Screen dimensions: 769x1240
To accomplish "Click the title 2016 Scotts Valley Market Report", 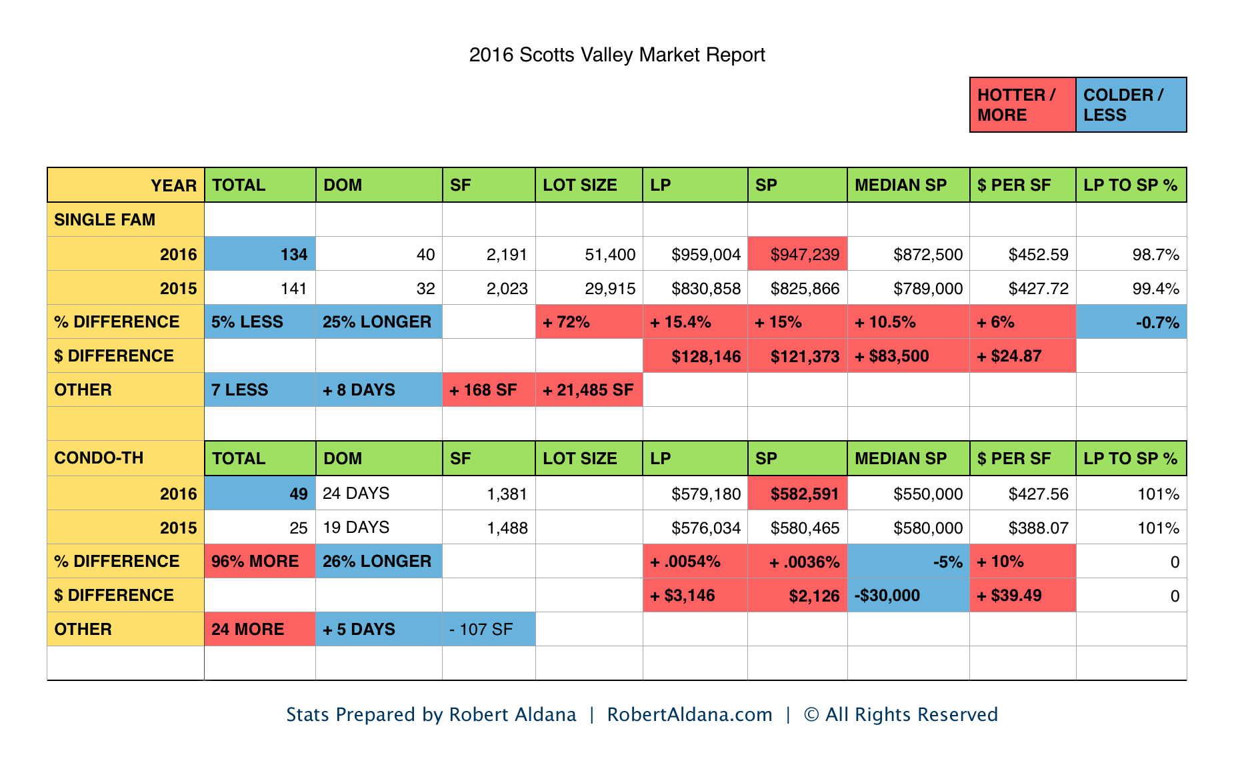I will (x=617, y=55).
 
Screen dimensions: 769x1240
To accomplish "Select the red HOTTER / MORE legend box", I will (x=1022, y=105).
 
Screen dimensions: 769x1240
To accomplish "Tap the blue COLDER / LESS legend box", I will (x=1131, y=105).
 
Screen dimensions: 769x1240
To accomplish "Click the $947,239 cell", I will (x=797, y=254).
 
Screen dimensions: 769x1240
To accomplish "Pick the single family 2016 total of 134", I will (x=260, y=254).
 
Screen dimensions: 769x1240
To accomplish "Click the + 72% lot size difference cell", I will (x=589, y=322).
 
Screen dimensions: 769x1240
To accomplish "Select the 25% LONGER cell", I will (x=378, y=322).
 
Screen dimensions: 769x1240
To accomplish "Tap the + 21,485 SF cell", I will (x=589, y=390).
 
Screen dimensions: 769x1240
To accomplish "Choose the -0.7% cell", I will (x=1131, y=323).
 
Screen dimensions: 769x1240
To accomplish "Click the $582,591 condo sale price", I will (x=797, y=494).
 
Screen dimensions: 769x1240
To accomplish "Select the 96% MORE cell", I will (x=260, y=562).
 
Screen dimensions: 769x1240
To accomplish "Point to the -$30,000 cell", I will (x=907, y=596).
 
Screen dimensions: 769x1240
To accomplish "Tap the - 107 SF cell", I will (x=488, y=630).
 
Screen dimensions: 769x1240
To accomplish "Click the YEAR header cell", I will (x=126, y=185).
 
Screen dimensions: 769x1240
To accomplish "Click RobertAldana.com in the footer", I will (x=689, y=714).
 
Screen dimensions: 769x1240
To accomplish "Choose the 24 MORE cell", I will (x=260, y=630).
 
